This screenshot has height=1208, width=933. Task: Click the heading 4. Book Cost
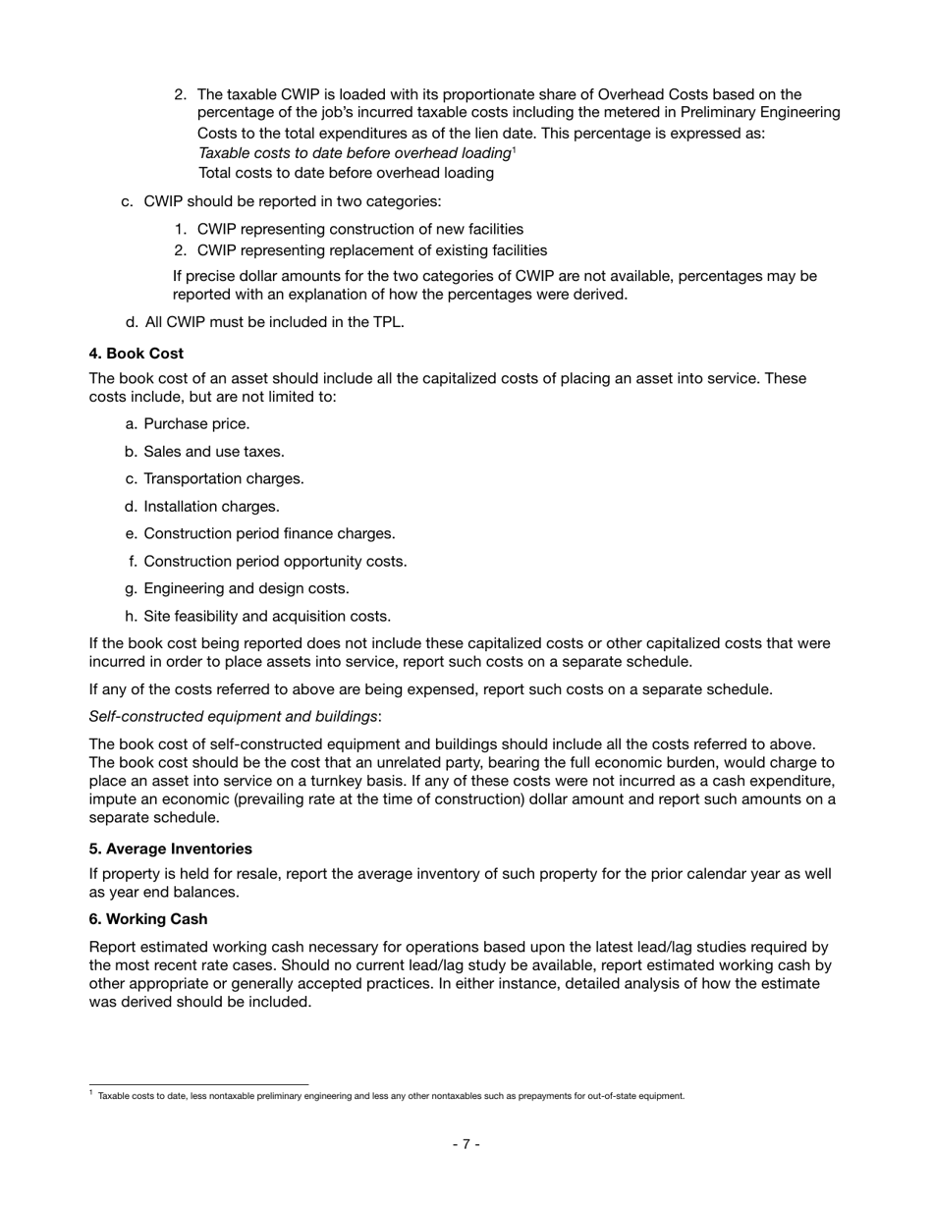pyautogui.click(x=136, y=354)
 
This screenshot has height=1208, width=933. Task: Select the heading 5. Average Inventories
pyautogui.click(x=170, y=849)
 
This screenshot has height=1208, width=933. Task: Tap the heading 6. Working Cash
pyautogui.click(x=147, y=919)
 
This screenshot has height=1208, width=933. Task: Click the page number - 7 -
pyautogui.click(x=466, y=1144)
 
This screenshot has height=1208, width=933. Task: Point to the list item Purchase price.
pyautogui.click(x=196, y=424)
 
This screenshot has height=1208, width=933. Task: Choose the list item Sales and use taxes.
pyautogui.click(x=214, y=452)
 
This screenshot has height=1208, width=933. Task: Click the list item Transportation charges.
pyautogui.click(x=224, y=479)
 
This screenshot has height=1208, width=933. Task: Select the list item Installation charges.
pyautogui.click(x=211, y=507)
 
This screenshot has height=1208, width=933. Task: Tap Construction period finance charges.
pyautogui.click(x=269, y=534)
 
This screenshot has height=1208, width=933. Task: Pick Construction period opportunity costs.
pyautogui.click(x=275, y=562)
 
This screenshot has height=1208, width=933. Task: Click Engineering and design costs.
pyautogui.click(x=247, y=589)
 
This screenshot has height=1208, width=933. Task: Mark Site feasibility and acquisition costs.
pyautogui.click(x=267, y=617)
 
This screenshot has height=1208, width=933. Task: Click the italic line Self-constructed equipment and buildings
pyautogui.click(x=235, y=717)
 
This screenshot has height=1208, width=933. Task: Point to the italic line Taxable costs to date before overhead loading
pyautogui.click(x=355, y=153)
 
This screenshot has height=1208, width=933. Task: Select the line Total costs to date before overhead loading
pyautogui.click(x=346, y=173)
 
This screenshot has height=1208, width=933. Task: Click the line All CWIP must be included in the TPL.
pyautogui.click(x=274, y=322)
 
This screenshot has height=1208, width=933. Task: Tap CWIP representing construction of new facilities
pyautogui.click(x=359, y=229)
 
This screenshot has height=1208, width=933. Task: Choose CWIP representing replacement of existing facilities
pyautogui.click(x=371, y=250)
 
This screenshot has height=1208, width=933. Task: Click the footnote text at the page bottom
pyautogui.click(x=391, y=1096)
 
